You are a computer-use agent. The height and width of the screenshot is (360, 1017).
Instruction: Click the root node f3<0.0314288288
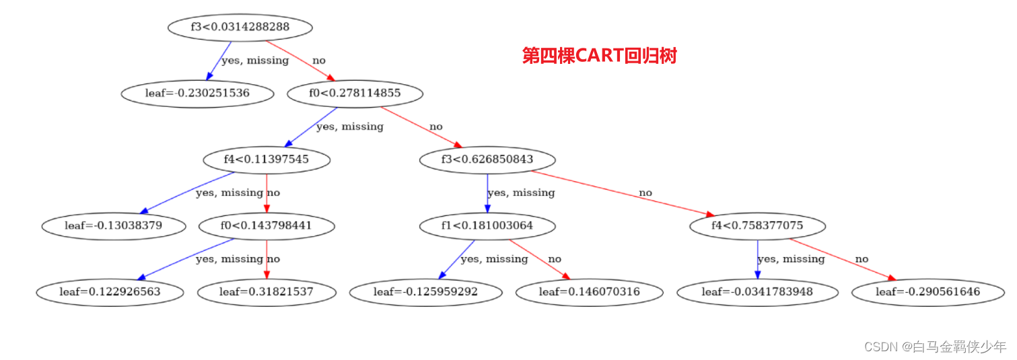pyautogui.click(x=240, y=28)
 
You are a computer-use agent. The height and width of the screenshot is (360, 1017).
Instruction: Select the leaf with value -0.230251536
pyautogui.click(x=197, y=93)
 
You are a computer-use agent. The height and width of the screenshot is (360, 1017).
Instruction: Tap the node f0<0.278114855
pyautogui.click(x=355, y=93)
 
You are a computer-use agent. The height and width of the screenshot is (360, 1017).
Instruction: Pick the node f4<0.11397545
pyautogui.click(x=267, y=159)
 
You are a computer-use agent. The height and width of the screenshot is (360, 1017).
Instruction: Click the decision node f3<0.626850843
pyautogui.click(x=487, y=159)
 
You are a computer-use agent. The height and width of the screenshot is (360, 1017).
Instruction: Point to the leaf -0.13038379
pyautogui.click(x=113, y=225)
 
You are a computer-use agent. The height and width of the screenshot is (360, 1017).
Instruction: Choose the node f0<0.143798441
pyautogui.click(x=267, y=225)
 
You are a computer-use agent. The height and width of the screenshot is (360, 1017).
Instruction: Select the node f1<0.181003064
pyautogui.click(x=487, y=225)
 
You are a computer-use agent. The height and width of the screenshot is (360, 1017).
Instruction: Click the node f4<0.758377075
pyautogui.click(x=757, y=225)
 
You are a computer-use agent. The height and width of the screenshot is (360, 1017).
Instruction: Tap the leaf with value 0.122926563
pyautogui.click(x=110, y=292)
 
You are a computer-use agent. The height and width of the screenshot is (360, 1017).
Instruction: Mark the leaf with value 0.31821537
pyautogui.click(x=267, y=292)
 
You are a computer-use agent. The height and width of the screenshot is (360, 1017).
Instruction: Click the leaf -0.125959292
pyautogui.click(x=425, y=292)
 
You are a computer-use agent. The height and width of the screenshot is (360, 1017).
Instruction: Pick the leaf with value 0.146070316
pyautogui.click(x=590, y=292)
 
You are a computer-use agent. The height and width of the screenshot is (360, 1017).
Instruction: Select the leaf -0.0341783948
pyautogui.click(x=757, y=292)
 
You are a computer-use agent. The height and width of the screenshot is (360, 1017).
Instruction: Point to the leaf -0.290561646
pyautogui.click(x=927, y=292)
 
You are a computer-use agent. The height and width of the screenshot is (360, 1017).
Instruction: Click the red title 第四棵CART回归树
pyautogui.click(x=599, y=56)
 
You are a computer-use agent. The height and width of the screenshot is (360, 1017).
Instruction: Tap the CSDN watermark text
pyautogui.click(x=935, y=347)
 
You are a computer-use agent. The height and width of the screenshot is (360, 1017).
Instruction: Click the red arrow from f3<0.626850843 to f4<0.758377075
pyautogui.click(x=619, y=193)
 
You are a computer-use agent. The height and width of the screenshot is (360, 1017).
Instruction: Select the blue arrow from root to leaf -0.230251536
pyautogui.click(x=219, y=61)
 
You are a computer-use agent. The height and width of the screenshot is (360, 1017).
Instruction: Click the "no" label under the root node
pyautogui.click(x=319, y=61)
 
